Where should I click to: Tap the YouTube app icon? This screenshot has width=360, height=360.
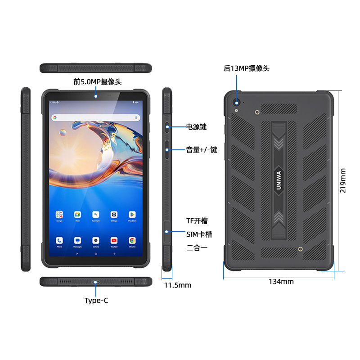point(114,240)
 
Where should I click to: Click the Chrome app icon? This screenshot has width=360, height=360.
point(132,240)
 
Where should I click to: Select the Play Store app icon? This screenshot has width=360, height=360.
point(132,214)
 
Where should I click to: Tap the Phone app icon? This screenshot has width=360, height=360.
point(59,240)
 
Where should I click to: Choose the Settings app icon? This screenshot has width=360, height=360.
point(114,214)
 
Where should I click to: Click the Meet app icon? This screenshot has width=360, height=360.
point(77,214)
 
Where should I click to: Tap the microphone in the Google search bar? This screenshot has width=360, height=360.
point(136,117)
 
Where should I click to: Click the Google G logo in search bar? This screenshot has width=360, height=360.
point(55,117)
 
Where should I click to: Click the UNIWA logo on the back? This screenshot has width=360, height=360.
point(279,180)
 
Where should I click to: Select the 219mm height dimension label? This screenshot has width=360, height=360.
point(343,180)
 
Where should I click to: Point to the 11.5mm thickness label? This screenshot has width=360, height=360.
point(177,285)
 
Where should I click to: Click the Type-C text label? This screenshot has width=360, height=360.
point(96,301)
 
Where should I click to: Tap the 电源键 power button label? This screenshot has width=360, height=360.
point(197,127)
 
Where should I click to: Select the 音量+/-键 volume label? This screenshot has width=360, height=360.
point(202,149)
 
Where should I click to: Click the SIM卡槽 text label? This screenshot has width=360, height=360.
point(199,234)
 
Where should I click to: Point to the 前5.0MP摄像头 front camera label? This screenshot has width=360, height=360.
point(98,82)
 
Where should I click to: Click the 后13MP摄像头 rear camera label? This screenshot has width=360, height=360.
point(247,68)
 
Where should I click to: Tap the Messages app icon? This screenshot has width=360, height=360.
point(77,240)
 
